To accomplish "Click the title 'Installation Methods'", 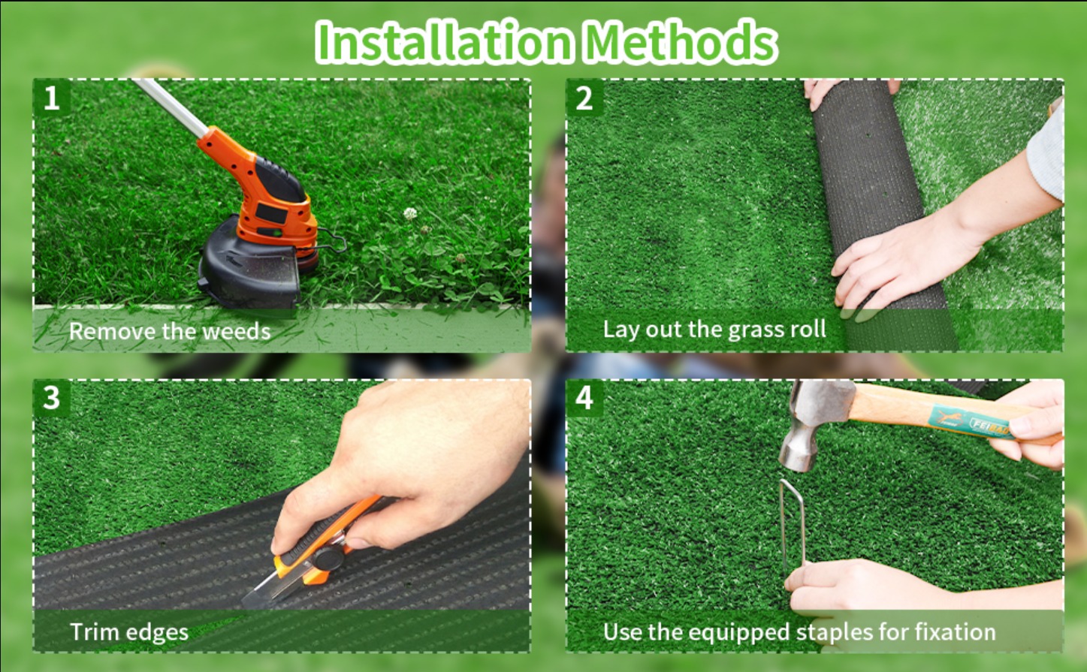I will (x=545, y=42).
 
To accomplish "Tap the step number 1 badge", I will (x=51, y=98).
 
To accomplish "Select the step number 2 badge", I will (x=584, y=98).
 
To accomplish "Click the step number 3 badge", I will (x=51, y=398).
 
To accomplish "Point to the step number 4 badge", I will (x=584, y=398).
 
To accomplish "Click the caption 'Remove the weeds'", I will (x=170, y=331).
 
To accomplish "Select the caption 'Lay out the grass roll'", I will (x=714, y=330).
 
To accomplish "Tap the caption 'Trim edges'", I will (x=129, y=632).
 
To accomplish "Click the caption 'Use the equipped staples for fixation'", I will (x=799, y=632).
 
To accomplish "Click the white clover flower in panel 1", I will (x=410, y=213).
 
